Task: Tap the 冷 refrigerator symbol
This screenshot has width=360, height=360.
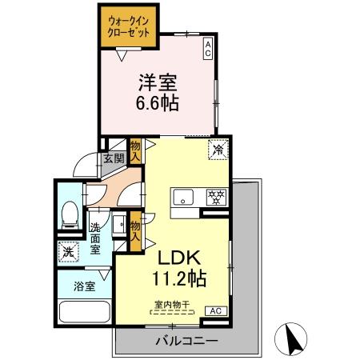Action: (217, 147)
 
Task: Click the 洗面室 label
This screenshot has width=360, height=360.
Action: (95, 238)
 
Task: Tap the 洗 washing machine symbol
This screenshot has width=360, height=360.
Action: (67, 251)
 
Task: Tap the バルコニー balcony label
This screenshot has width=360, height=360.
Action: (186, 342)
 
